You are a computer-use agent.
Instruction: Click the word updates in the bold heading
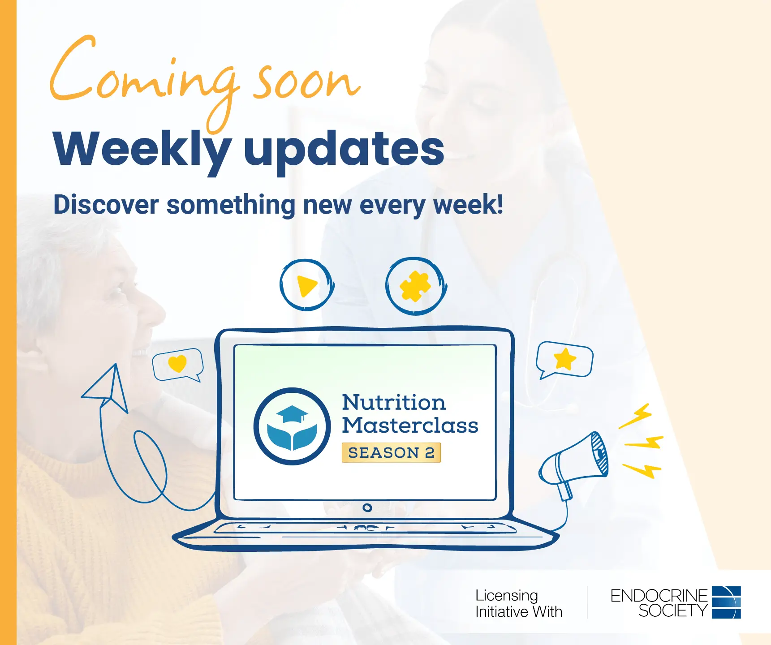(344, 150)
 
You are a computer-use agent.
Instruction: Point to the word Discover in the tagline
(106, 205)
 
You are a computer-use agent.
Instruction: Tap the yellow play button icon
(307, 285)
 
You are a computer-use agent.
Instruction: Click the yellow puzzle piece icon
(415, 286)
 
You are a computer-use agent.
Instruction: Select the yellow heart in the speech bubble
(177, 363)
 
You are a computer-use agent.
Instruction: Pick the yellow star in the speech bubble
(565, 359)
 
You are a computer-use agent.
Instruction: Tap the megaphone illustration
(574, 464)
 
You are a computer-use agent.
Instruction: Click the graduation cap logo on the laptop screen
(292, 426)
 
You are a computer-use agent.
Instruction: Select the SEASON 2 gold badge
(391, 452)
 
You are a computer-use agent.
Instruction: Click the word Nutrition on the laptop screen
(394, 402)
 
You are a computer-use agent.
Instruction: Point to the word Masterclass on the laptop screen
(410, 425)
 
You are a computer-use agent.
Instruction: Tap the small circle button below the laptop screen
(367, 507)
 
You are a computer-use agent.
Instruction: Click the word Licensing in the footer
(507, 596)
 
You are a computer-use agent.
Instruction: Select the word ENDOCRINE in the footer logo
(659, 596)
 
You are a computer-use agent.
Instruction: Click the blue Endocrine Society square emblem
(726, 602)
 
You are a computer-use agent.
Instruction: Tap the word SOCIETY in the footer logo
(673, 611)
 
